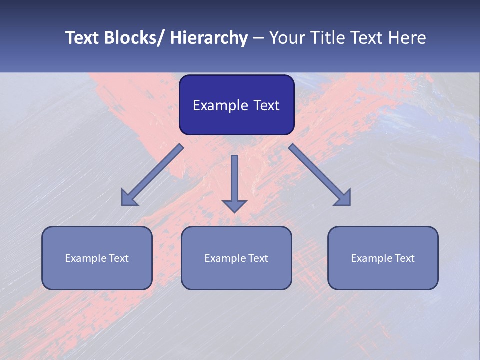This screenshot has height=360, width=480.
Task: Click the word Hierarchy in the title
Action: click(x=209, y=38)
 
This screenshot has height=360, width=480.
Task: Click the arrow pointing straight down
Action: click(x=234, y=180)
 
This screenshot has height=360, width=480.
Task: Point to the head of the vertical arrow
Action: click(x=234, y=205)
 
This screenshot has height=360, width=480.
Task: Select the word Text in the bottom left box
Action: click(x=119, y=258)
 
